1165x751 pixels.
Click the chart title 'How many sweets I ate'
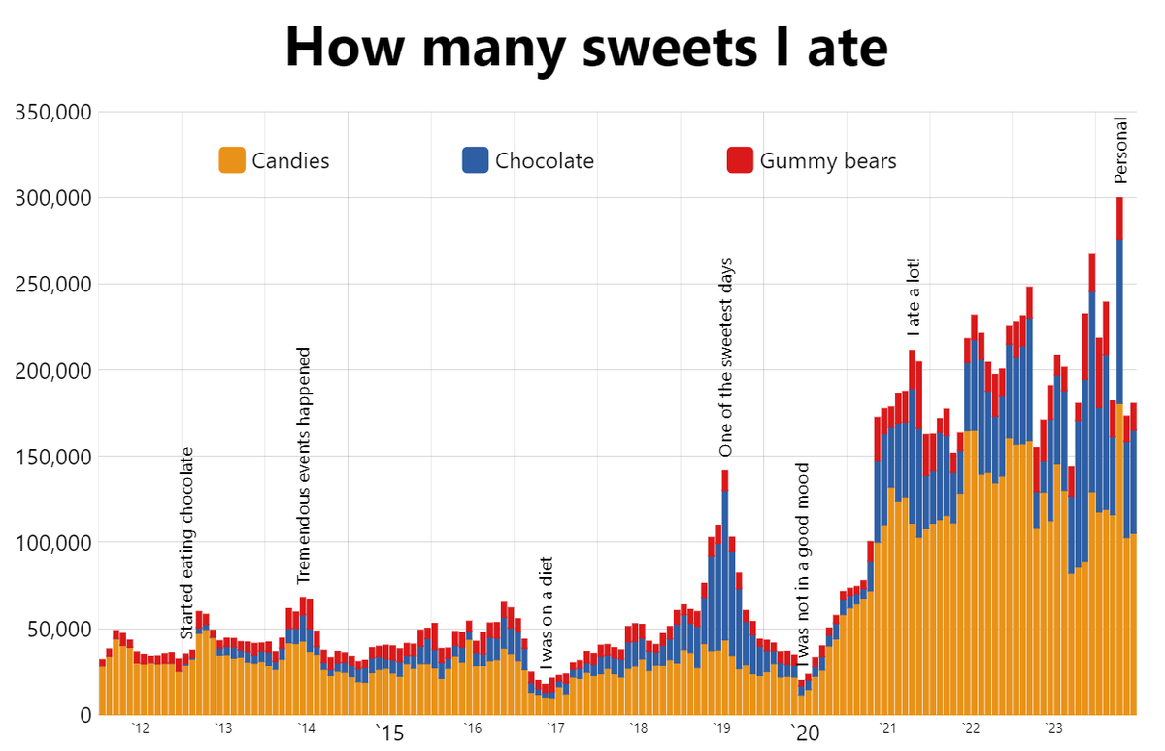pos(586,47)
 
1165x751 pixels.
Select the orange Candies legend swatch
pos(232,160)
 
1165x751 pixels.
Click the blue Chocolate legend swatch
pos(476,160)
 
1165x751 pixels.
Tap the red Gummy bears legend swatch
pos(740,160)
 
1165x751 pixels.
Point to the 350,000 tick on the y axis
pos(55,113)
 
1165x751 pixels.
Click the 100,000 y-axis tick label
pos(55,543)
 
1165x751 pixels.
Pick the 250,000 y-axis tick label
pos(55,285)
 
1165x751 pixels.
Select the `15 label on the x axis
pos(389,734)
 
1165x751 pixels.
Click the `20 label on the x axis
pos(805,734)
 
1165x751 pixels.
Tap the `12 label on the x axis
pos(141,729)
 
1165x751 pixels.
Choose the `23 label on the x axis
pos(1053,729)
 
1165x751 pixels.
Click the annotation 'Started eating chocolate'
pos(187,542)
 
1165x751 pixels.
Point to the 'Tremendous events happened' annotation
pos(304,464)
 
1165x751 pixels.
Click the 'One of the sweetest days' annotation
pos(725,358)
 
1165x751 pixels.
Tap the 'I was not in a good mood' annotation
pos(802,570)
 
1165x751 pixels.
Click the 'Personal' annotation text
pos(1120,150)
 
